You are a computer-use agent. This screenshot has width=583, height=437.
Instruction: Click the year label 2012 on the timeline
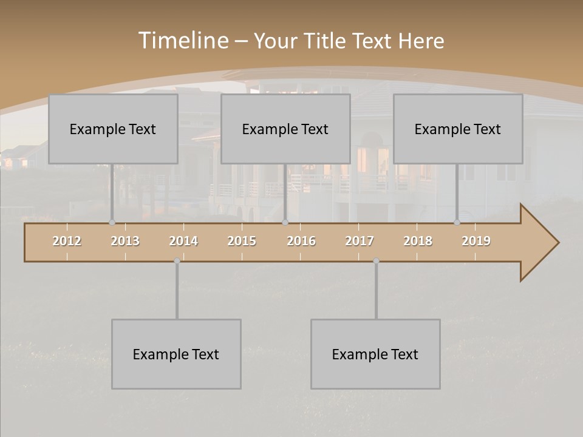(x=67, y=241)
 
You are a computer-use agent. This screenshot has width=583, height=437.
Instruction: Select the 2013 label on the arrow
(x=125, y=241)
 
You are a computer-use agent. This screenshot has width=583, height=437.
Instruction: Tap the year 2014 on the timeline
(x=183, y=241)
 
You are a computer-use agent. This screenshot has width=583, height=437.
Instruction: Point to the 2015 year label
(x=242, y=241)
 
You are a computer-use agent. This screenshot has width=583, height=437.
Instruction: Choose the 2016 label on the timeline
(x=301, y=241)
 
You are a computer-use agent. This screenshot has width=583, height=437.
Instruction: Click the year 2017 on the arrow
(x=360, y=241)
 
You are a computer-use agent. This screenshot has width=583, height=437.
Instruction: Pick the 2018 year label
(x=418, y=241)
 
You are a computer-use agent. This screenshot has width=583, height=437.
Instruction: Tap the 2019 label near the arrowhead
(x=476, y=241)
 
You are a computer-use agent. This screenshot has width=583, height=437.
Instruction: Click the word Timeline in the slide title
(x=183, y=41)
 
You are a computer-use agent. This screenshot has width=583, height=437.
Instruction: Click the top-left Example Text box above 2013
(x=113, y=129)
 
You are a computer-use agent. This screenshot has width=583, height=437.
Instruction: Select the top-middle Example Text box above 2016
(x=285, y=129)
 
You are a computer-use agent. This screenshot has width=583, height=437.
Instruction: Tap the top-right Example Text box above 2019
(x=458, y=129)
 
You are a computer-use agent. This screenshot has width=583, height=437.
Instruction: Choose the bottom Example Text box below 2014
(x=176, y=354)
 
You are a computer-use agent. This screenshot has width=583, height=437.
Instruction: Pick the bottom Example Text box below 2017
(x=375, y=354)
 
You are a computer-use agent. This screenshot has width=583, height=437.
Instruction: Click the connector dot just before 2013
(x=112, y=222)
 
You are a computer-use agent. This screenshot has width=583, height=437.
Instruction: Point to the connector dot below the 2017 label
(x=376, y=261)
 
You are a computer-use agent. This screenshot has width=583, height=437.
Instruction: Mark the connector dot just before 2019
(x=457, y=222)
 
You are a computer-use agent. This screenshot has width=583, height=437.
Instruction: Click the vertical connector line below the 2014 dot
(x=177, y=291)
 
